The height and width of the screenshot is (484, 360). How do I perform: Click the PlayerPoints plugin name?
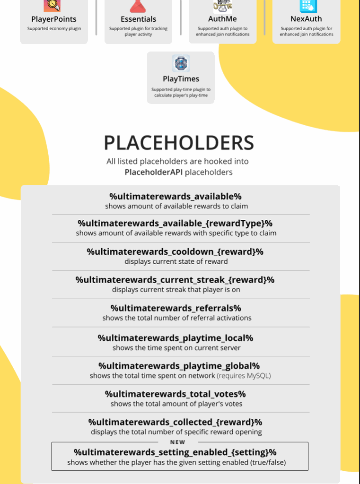(53, 19)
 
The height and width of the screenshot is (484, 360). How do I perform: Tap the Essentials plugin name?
(138, 19)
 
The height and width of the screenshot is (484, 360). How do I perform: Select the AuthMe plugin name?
(222, 19)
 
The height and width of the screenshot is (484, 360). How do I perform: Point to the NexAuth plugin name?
(306, 19)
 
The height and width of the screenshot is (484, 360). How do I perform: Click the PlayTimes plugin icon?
(181, 63)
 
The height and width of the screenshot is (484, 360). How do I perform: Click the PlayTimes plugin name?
(181, 79)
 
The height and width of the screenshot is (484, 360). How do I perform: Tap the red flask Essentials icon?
(138, 6)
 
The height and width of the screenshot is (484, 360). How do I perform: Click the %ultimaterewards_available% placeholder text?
(176, 196)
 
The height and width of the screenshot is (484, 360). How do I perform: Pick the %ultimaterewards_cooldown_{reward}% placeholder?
(175, 251)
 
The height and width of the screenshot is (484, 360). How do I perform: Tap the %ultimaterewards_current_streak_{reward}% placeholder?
(175, 279)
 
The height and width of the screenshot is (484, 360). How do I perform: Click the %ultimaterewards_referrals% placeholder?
(176, 308)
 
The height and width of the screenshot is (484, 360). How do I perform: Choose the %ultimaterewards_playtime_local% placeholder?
(176, 338)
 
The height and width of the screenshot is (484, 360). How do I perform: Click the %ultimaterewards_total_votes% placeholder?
(176, 394)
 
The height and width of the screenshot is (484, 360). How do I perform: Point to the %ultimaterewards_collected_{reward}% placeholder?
(175, 422)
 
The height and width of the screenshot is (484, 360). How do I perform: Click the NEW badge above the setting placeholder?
(177, 442)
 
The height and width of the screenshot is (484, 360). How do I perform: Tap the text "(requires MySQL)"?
(244, 376)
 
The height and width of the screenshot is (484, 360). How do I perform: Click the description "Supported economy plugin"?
(54, 29)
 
